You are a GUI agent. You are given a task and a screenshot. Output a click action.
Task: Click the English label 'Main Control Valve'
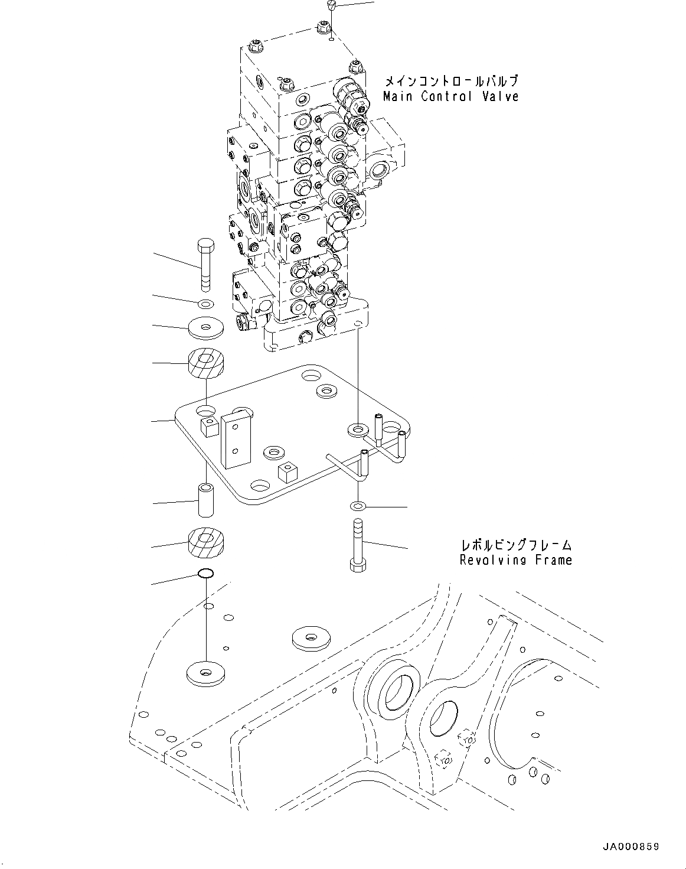pyautogui.click(x=450, y=96)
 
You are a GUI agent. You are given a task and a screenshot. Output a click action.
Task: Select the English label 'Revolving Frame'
pyautogui.click(x=515, y=559)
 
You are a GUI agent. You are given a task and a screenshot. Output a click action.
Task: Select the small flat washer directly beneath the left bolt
pyautogui.click(x=205, y=304)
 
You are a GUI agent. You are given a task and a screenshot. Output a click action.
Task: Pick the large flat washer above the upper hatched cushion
pyautogui.click(x=205, y=328)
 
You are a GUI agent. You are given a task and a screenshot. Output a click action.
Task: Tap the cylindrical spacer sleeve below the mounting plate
pyautogui.click(x=205, y=500)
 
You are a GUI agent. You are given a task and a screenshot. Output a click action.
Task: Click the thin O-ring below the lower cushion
pyautogui.click(x=205, y=573)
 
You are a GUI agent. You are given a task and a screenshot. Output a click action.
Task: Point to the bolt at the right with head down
pyautogui.click(x=356, y=546)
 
